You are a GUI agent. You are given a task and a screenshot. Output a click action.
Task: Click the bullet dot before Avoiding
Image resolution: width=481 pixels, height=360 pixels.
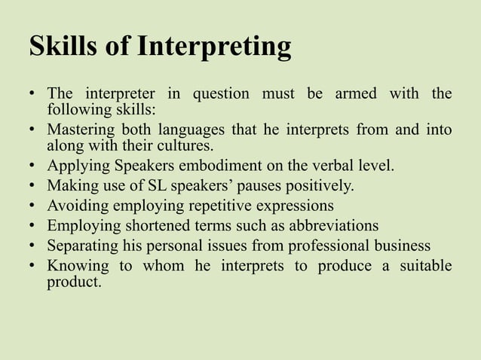click(x=34, y=205)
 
